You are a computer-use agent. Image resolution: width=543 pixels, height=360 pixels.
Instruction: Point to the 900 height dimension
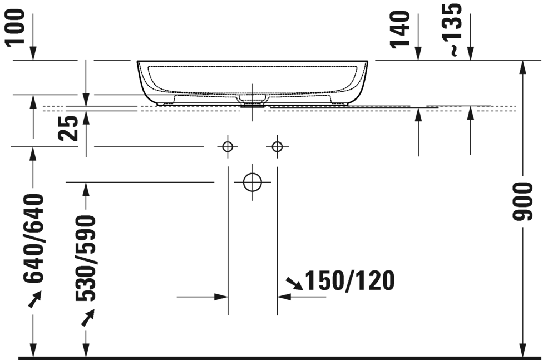tap(525, 200)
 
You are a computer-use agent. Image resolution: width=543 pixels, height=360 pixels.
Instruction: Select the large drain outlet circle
tap(253, 182)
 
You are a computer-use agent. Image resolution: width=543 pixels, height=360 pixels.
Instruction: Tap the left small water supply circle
tap(227, 147)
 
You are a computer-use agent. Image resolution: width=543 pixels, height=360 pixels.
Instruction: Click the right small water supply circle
tap(277, 147)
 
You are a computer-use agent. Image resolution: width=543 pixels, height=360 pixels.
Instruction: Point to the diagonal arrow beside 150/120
tap(293, 284)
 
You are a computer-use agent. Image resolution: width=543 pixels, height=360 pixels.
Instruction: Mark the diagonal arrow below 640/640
tap(34, 300)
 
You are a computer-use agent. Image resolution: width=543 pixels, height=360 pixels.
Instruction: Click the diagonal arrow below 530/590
tap(87, 318)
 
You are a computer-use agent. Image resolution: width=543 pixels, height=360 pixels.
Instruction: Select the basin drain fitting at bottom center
tap(253, 101)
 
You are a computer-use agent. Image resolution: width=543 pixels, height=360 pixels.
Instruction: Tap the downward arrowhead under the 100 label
tap(33, 54)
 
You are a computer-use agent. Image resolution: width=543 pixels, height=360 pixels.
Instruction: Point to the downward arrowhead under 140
tap(418, 54)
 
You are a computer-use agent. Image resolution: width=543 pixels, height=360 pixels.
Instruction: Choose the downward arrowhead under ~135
tap(471, 54)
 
